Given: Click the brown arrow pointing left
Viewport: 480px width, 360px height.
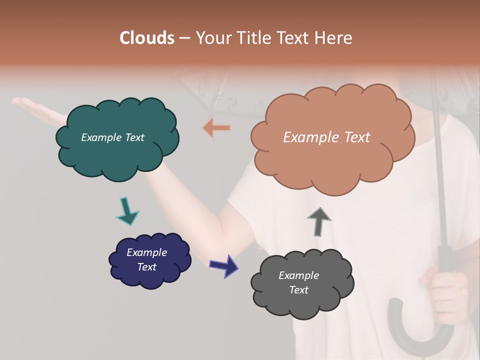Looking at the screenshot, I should coord(217,128).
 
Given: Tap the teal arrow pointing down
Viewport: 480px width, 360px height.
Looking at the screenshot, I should coord(127,211).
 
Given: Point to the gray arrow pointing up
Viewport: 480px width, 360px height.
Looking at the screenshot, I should coord(318,221).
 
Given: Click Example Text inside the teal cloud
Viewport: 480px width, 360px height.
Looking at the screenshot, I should coord(112,137).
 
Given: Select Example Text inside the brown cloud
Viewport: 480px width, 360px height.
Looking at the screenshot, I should coord(326,137).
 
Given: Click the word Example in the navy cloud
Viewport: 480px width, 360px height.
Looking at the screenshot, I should coord(146,252).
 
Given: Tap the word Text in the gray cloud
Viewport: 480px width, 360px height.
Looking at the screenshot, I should coord(298,290).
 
